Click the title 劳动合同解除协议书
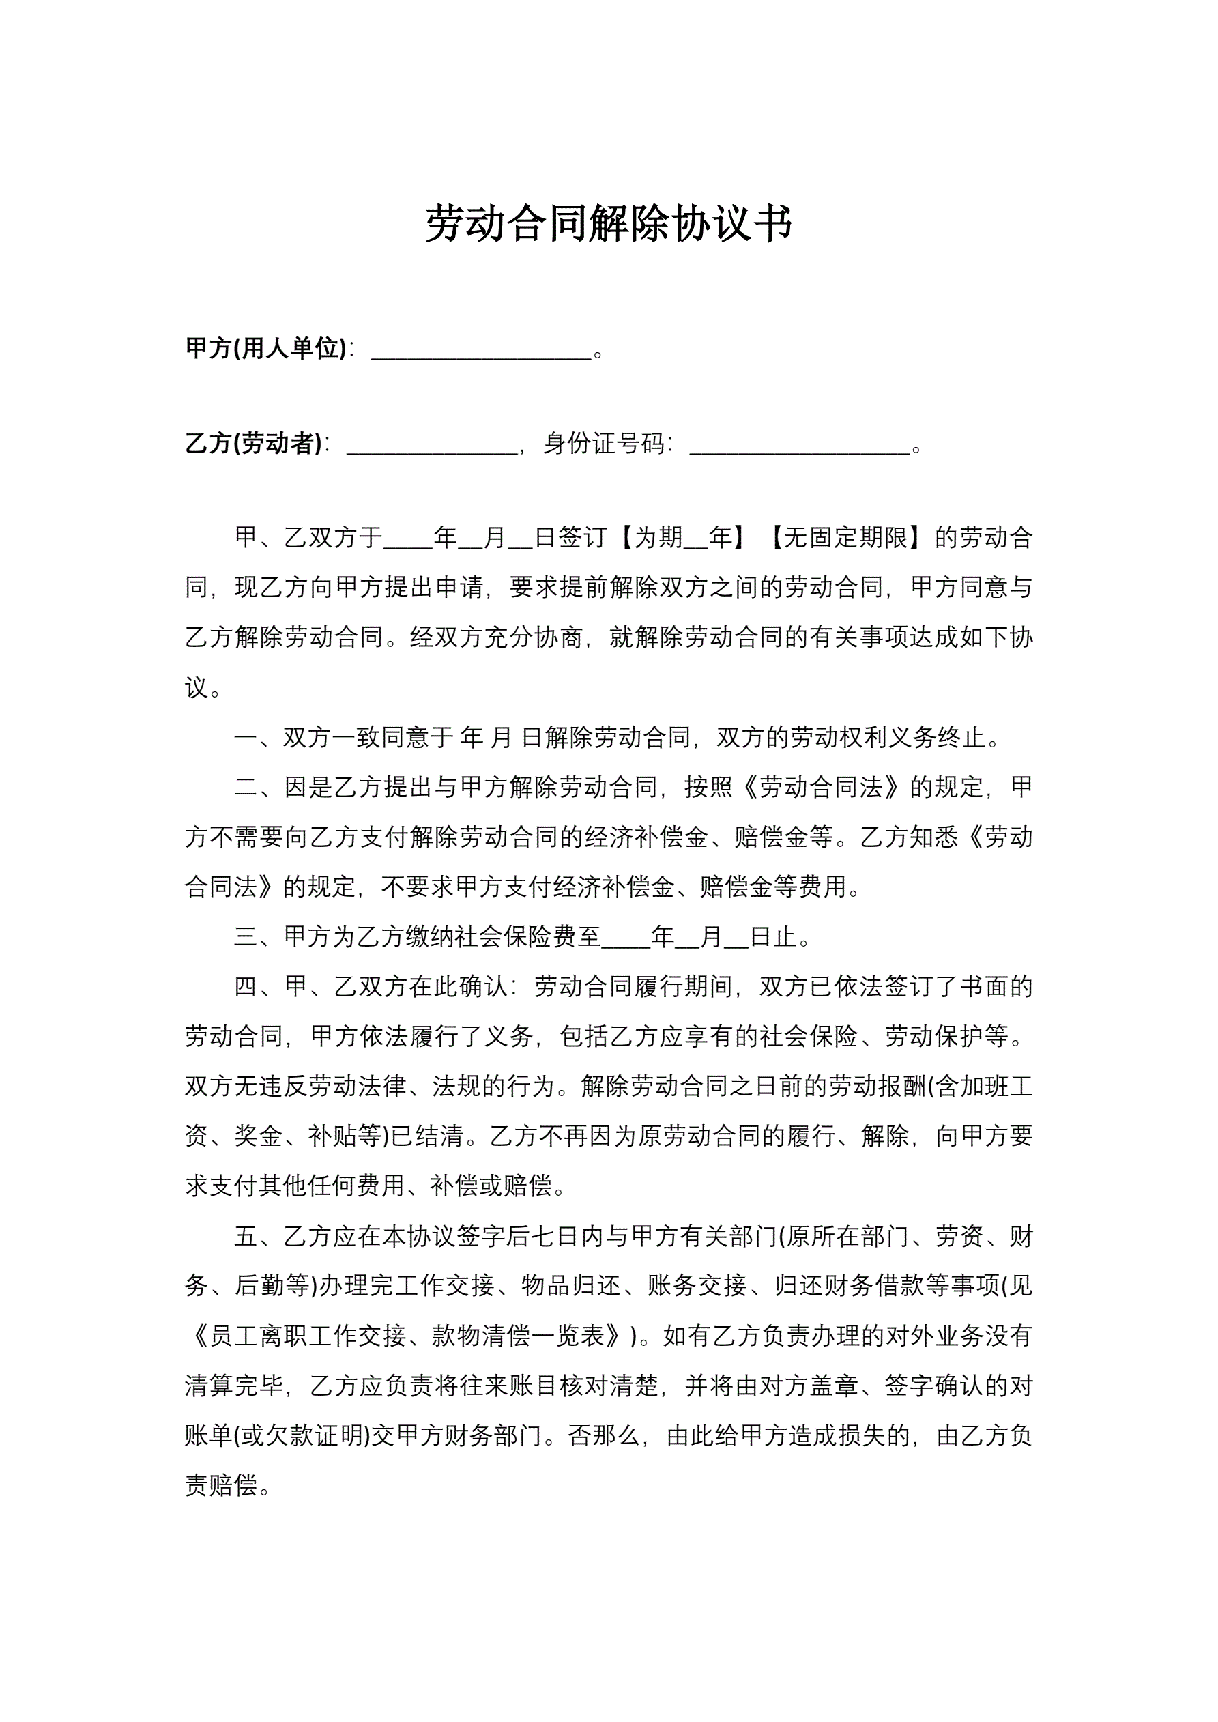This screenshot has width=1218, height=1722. pos(608,223)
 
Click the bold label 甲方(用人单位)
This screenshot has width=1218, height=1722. pos(265,348)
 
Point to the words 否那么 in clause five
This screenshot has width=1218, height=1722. pos(604,1435)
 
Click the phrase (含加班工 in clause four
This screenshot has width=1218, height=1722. pos(981,1086)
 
